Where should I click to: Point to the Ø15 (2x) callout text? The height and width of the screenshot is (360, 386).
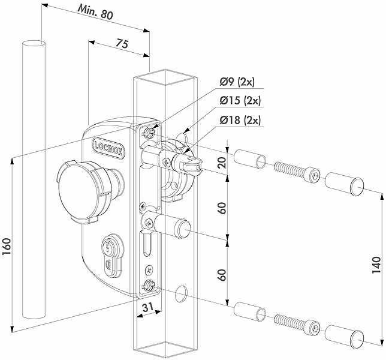pos(240,100)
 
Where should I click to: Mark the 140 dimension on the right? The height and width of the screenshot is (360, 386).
pos(376,265)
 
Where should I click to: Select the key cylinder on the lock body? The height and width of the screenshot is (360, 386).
pos(108,255)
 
